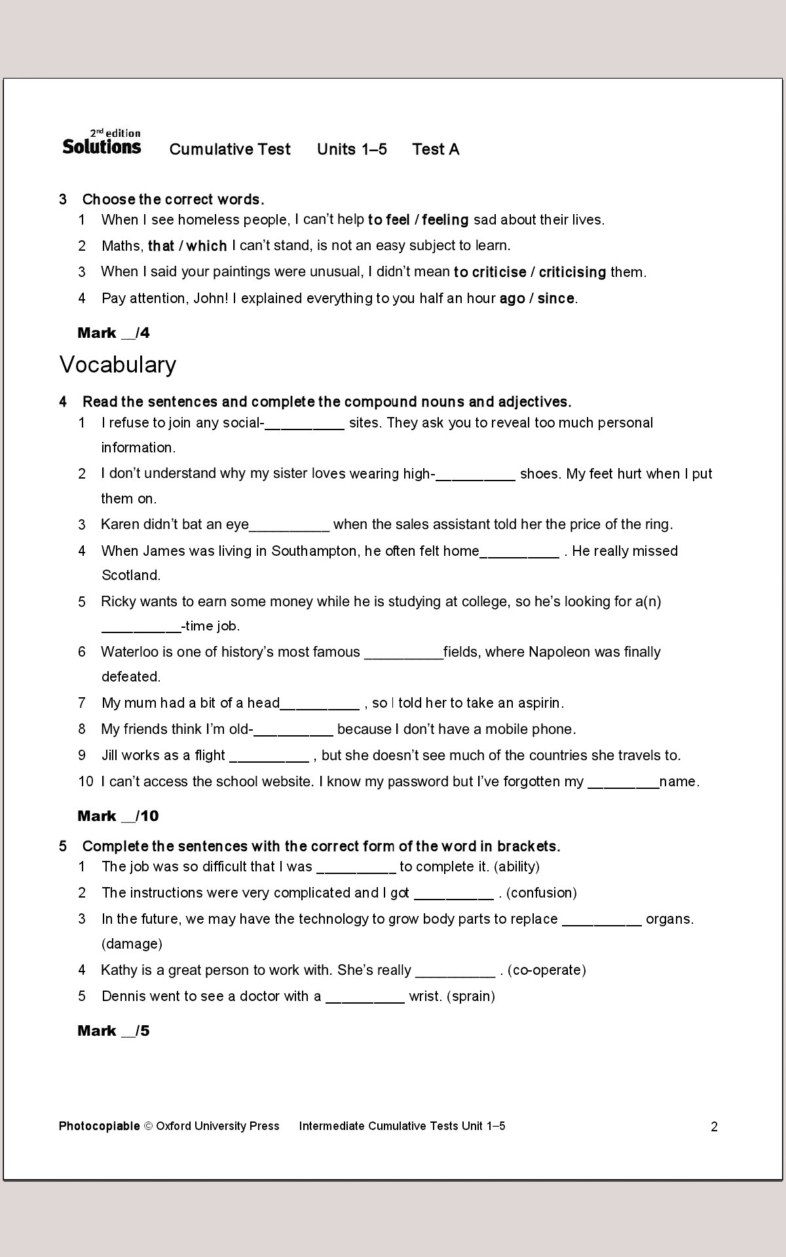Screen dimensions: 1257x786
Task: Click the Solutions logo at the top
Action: (x=102, y=143)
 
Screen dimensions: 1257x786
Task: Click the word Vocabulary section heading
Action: (x=118, y=365)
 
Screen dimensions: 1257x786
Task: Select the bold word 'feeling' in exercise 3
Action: (x=445, y=220)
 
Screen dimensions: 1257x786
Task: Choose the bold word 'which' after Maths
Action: (x=206, y=246)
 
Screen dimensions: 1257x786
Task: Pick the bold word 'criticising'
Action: (x=572, y=272)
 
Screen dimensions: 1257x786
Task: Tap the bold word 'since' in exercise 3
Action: (x=556, y=299)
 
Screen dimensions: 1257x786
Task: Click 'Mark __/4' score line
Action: (x=113, y=333)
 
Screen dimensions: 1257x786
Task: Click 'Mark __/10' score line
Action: (x=118, y=816)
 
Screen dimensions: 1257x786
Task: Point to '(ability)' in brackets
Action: (x=517, y=867)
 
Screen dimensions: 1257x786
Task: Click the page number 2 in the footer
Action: (x=714, y=1127)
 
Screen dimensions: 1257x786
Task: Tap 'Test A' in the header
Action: (x=436, y=149)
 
